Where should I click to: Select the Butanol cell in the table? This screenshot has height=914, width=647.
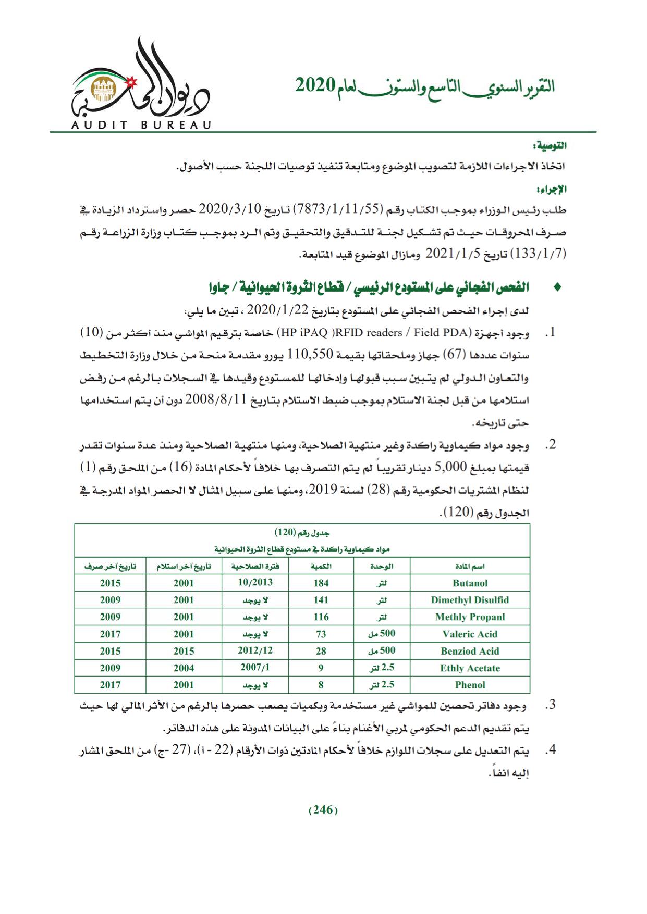pyautogui.click(x=470, y=583)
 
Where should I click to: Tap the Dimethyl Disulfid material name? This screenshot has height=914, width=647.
pyautogui.click(x=470, y=600)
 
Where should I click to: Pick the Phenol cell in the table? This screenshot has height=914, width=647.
pyautogui.click(x=470, y=685)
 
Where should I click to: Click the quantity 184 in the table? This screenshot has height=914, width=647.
pyautogui.click(x=321, y=583)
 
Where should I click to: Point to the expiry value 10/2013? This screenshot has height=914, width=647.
pyautogui.click(x=255, y=583)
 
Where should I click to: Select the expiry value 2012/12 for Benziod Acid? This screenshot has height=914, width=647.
pyautogui.click(x=255, y=650)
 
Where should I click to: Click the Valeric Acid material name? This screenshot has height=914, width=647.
pyautogui.click(x=470, y=634)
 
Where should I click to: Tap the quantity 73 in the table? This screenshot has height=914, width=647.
pyautogui.click(x=321, y=634)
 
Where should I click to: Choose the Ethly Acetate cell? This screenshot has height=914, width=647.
pyautogui.click(x=470, y=668)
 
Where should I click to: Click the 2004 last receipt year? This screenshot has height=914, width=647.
pyautogui.click(x=184, y=668)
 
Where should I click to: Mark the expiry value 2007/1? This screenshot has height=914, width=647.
pyautogui.click(x=255, y=668)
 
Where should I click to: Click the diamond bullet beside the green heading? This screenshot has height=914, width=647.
pyautogui.click(x=557, y=287)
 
